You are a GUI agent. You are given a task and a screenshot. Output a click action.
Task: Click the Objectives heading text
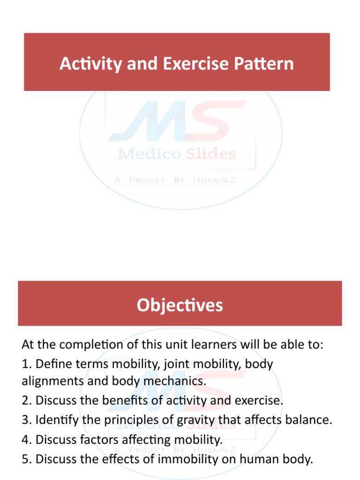coord(180,305)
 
